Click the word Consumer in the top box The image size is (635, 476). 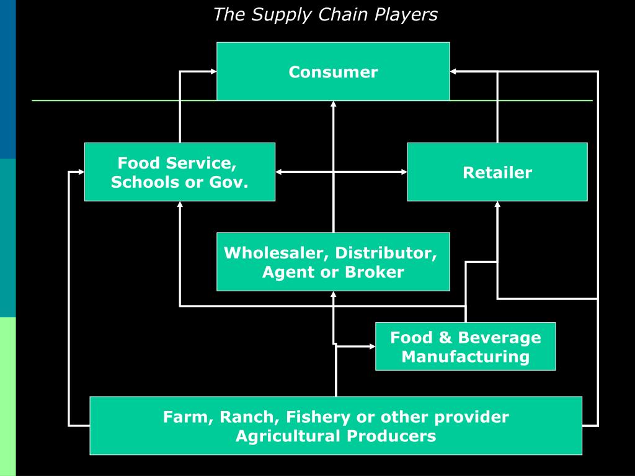coord(333,72)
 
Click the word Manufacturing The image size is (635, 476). coord(465,356)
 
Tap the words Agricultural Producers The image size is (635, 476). coord(335,436)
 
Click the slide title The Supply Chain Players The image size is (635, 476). coord(325,15)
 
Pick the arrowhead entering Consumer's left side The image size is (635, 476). coord(213,72)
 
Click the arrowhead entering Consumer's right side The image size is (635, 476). coord(453,72)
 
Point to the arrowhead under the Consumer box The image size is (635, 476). coord(334,104)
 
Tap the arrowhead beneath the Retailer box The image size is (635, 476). coord(497,205)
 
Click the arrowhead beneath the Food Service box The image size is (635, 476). coord(180,205)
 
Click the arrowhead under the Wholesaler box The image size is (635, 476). coord(334,294)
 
